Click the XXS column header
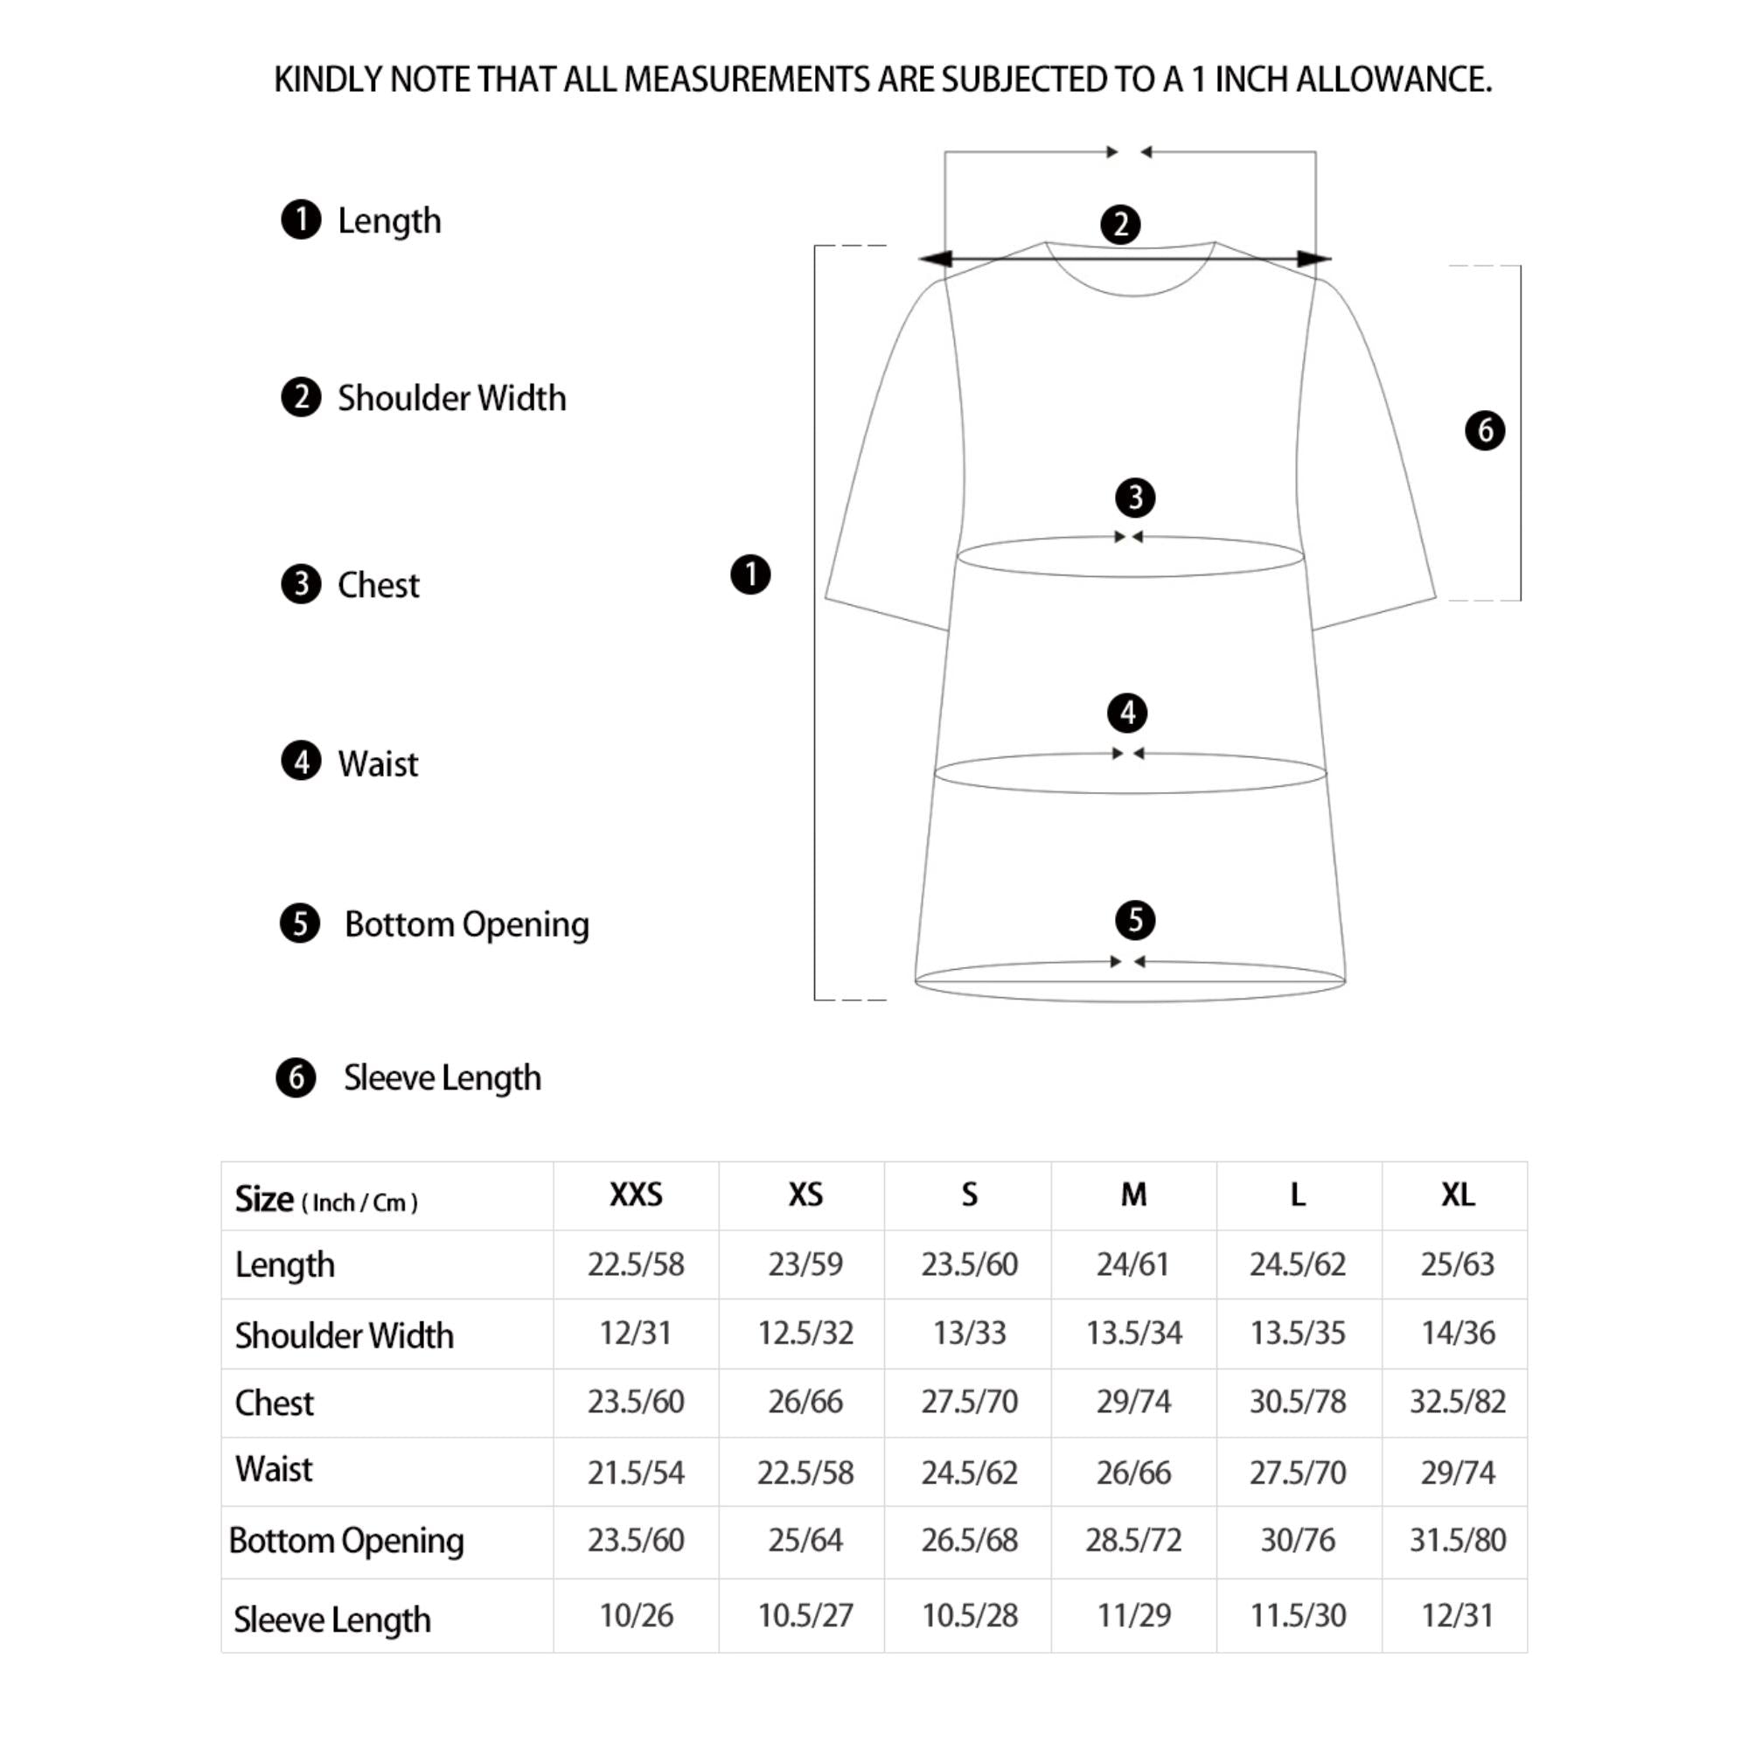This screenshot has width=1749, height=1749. pyautogui.click(x=636, y=1195)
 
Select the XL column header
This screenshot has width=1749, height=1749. pyautogui.click(x=1458, y=1195)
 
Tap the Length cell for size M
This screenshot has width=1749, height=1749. pyautogui.click(x=1132, y=1264)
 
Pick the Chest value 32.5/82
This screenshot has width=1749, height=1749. pyautogui.click(x=1458, y=1401)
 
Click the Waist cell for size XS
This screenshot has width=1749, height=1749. pyautogui.click(x=805, y=1473)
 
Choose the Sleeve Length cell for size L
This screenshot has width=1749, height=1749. pyautogui.click(x=1297, y=1615)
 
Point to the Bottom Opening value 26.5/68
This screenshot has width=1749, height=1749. pyautogui.click(x=969, y=1540)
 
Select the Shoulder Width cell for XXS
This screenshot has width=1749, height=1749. pyautogui.click(x=636, y=1333)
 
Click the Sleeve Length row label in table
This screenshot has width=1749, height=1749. pyautogui.click(x=332, y=1620)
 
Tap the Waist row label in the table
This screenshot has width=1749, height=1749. pyautogui.click(x=274, y=1469)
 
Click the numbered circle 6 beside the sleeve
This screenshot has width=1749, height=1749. pyautogui.click(x=1485, y=430)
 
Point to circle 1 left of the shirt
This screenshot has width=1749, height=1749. pyautogui.click(x=750, y=575)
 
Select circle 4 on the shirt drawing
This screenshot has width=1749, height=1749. pyautogui.click(x=1127, y=714)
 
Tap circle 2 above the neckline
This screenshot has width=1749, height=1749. pyautogui.click(x=1121, y=225)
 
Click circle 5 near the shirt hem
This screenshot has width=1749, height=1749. pyautogui.click(x=1135, y=921)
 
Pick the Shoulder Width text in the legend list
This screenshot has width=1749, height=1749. pyautogui.click(x=452, y=398)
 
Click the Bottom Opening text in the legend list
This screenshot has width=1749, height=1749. pyautogui.click(x=466, y=924)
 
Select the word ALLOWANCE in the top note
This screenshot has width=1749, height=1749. pyautogui.click(x=1393, y=80)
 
